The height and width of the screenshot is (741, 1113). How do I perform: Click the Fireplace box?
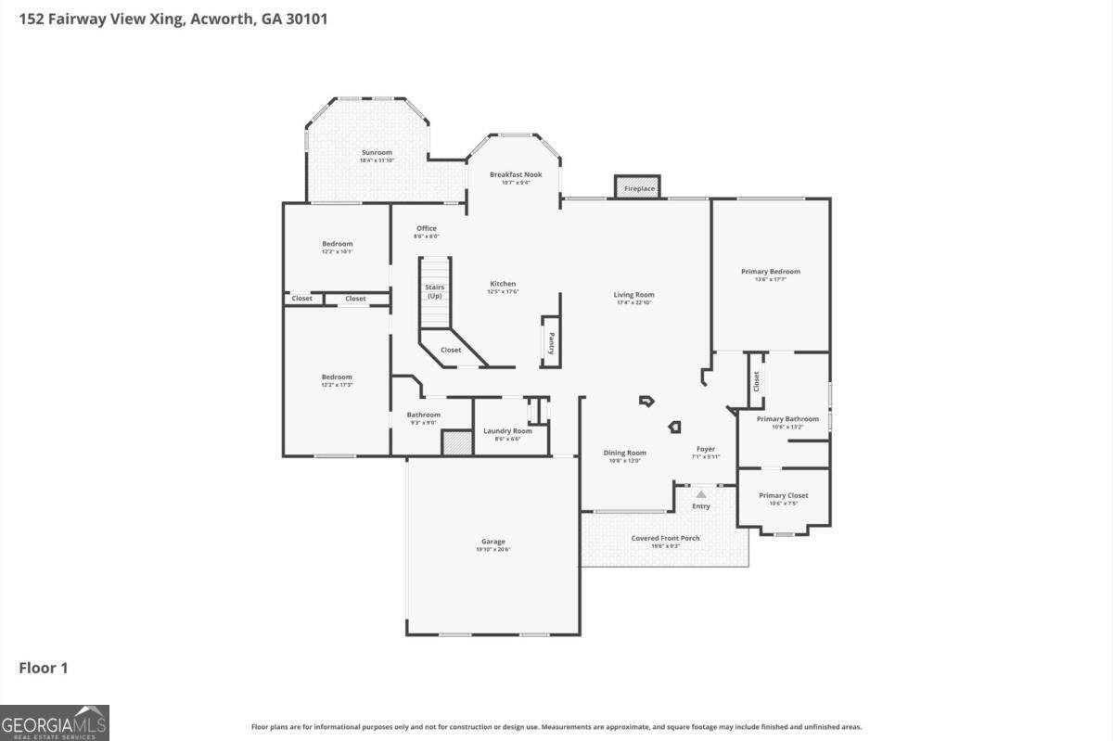(x=638, y=188)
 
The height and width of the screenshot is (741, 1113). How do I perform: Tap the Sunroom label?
(x=377, y=152)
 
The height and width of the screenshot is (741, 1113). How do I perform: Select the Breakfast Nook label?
(x=516, y=174)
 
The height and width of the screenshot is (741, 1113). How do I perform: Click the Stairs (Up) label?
(x=435, y=291)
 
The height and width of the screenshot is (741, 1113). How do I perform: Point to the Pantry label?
(x=550, y=343)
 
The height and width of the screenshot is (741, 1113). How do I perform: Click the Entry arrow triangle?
(x=701, y=494)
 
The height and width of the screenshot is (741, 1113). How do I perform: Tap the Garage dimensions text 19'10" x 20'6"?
(x=493, y=550)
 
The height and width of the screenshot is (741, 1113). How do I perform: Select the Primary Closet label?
(x=783, y=495)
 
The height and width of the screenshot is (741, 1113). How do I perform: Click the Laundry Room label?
(x=507, y=430)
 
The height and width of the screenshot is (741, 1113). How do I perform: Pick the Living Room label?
(x=634, y=295)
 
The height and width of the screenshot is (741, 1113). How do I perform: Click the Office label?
(x=426, y=228)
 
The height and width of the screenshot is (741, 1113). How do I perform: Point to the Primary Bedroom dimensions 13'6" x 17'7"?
(x=770, y=279)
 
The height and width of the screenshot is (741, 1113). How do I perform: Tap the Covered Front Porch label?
(x=665, y=538)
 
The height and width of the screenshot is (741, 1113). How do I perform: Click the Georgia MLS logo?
(x=55, y=722)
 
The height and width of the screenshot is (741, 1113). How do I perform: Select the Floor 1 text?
(x=44, y=668)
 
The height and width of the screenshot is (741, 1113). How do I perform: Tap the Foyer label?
(x=706, y=449)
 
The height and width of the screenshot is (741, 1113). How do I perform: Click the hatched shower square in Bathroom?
(x=457, y=443)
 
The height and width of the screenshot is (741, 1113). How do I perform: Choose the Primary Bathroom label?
(x=787, y=419)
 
